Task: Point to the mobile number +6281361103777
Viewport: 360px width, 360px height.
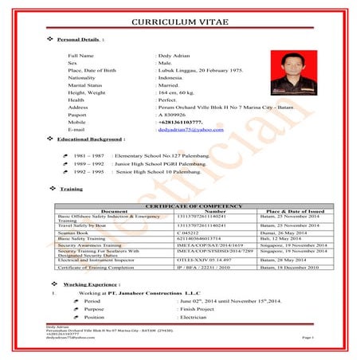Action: (x=186, y=121)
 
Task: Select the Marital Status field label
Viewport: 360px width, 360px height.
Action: (x=88, y=83)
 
